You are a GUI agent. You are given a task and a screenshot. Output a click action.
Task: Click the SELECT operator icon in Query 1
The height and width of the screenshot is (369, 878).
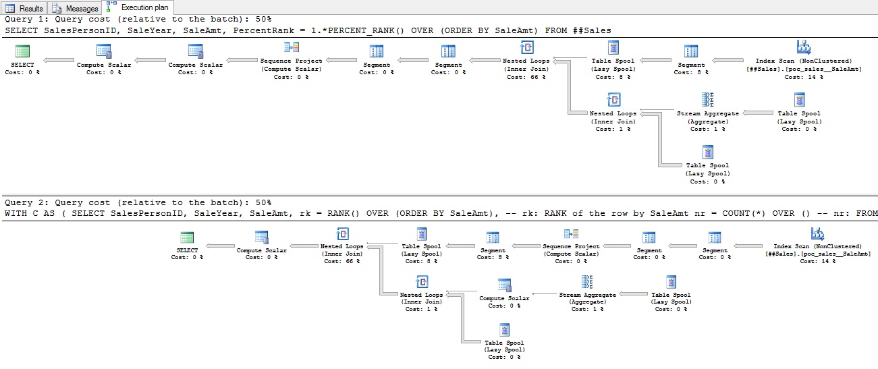click(x=22, y=51)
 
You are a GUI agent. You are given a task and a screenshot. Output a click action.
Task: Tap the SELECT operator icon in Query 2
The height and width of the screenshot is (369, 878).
click(x=188, y=237)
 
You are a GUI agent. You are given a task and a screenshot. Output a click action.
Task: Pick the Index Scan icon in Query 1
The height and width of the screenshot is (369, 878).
click(x=803, y=47)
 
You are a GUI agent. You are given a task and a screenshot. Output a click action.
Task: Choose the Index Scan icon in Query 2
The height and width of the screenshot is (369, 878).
click(x=818, y=233)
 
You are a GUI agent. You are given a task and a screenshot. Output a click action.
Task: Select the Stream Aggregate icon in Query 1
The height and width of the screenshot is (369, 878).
click(x=707, y=99)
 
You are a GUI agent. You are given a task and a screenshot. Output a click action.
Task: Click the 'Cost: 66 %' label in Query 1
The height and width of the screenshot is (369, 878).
click(x=526, y=77)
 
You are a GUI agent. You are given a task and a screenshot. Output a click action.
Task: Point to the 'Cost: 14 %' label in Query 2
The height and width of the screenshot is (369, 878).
click(x=818, y=261)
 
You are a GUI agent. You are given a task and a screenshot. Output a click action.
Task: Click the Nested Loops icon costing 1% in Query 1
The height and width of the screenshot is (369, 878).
click(x=613, y=100)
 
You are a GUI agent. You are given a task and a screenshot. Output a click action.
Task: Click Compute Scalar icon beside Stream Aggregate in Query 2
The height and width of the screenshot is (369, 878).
click(x=504, y=284)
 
